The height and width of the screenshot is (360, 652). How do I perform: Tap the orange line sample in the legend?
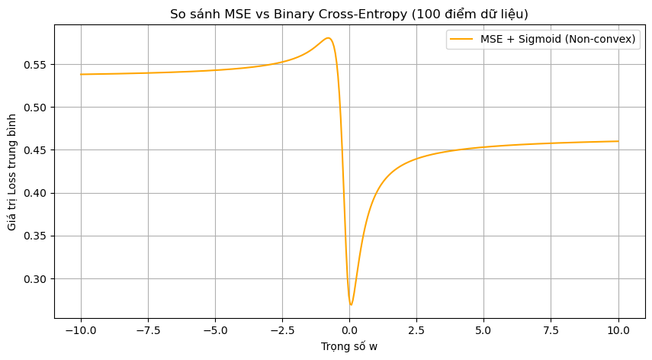(x=461, y=40)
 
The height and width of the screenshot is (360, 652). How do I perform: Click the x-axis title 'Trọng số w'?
(x=349, y=346)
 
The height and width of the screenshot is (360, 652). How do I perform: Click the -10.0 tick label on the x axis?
(x=81, y=331)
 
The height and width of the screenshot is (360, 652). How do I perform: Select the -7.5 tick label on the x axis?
(x=148, y=331)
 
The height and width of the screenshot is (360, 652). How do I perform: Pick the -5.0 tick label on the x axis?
(x=215, y=331)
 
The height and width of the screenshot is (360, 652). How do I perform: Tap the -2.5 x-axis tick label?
(x=282, y=331)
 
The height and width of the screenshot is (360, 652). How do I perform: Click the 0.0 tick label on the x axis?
(x=349, y=331)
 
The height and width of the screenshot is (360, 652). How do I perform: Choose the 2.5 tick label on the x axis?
(x=416, y=331)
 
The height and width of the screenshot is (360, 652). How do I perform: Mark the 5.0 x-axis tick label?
(x=483, y=331)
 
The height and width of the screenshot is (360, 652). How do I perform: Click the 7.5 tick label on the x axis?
(x=551, y=331)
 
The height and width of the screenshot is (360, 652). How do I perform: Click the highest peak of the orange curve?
(x=328, y=38)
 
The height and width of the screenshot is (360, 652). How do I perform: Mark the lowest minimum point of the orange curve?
(x=351, y=305)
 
